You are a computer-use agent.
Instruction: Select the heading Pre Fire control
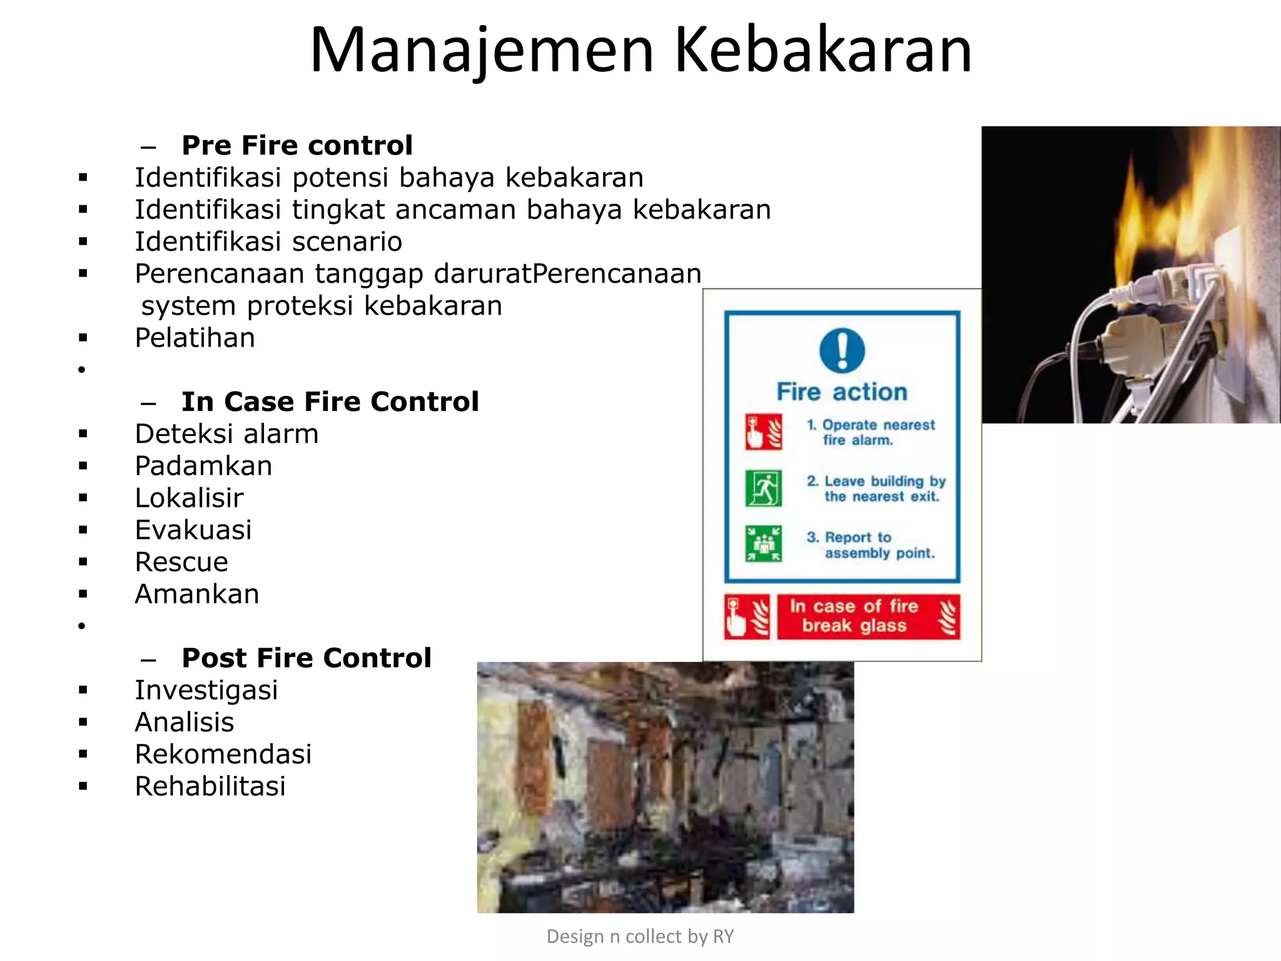pos(297,146)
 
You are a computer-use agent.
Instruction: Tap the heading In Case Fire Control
pos(330,402)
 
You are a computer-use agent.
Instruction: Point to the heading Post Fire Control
pos(306,658)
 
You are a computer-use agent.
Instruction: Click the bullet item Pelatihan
pos(195,338)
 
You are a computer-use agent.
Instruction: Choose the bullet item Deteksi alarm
pos(227,434)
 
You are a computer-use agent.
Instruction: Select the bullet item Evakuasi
pos(193,531)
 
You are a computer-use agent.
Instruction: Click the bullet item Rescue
pos(181,562)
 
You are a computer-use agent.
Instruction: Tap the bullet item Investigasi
pos(206,691)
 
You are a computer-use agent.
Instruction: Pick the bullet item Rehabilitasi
pos(210,786)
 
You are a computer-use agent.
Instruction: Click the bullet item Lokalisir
pos(189,499)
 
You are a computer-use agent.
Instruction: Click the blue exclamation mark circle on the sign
pos(842,350)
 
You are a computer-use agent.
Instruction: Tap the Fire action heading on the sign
pos(842,392)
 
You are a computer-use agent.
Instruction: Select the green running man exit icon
pos(763,488)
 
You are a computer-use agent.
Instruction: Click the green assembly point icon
pos(763,544)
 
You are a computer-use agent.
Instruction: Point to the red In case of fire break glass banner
pos(868,616)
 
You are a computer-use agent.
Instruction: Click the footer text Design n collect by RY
pos(640,937)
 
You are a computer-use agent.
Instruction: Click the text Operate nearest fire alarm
pos(871,432)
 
